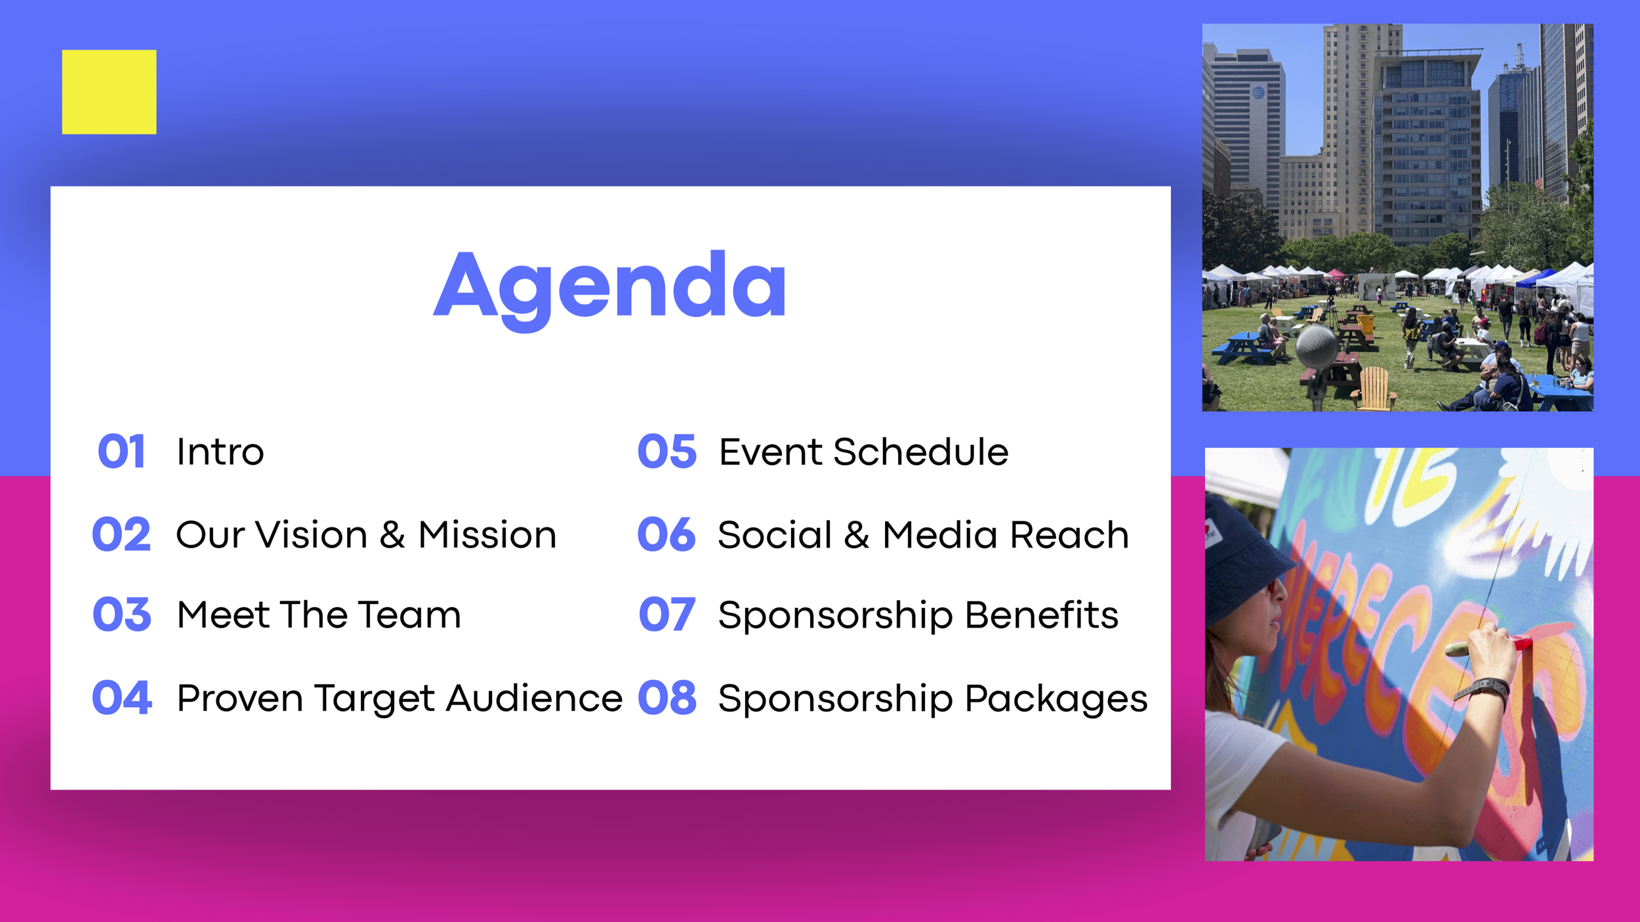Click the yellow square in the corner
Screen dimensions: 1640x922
tap(109, 92)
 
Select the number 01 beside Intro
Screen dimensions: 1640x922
tap(121, 452)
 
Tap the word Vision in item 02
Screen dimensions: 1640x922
tap(312, 534)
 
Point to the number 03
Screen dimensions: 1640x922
tap(122, 614)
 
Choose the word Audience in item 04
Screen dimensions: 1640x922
tap(534, 698)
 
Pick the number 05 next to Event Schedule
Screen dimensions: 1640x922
tap(667, 452)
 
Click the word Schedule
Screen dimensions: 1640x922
tap(921, 452)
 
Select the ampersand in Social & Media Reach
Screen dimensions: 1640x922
tap(857, 534)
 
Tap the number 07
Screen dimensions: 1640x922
tap(666, 614)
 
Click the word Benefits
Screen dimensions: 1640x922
tap(1042, 615)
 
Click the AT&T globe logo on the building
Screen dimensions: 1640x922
tap(1258, 92)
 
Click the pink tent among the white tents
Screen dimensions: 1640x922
tap(1336, 273)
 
